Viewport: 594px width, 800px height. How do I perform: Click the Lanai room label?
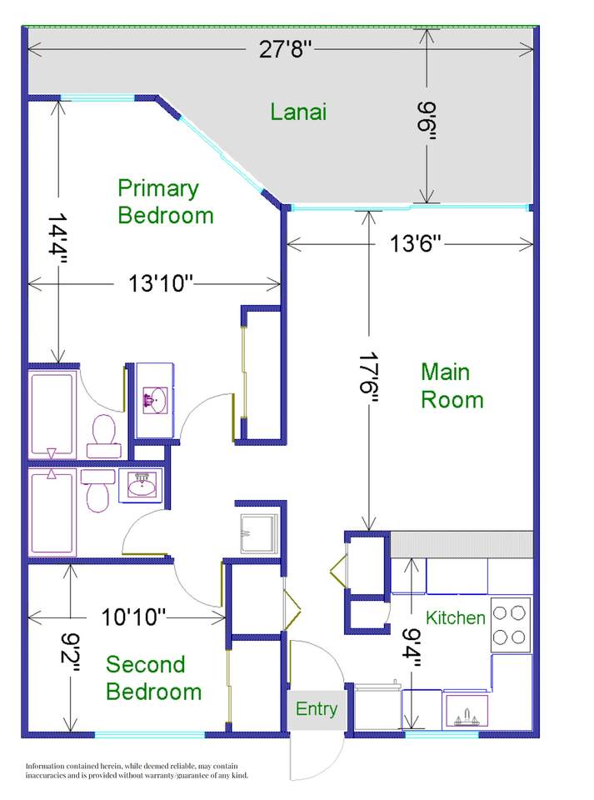(x=297, y=112)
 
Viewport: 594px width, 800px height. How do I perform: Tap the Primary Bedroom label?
(x=165, y=202)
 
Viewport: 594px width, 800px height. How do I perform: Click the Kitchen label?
(x=455, y=617)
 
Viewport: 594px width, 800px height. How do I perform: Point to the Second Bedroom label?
(x=153, y=678)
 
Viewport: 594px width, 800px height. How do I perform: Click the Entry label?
(x=317, y=709)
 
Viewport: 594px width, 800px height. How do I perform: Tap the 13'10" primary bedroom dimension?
(x=161, y=283)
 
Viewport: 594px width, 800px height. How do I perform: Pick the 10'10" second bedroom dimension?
(x=134, y=617)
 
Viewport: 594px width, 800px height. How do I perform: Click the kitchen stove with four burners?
(x=510, y=624)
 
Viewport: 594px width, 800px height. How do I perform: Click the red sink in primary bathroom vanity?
(x=152, y=402)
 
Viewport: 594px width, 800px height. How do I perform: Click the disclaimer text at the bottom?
(x=137, y=770)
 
